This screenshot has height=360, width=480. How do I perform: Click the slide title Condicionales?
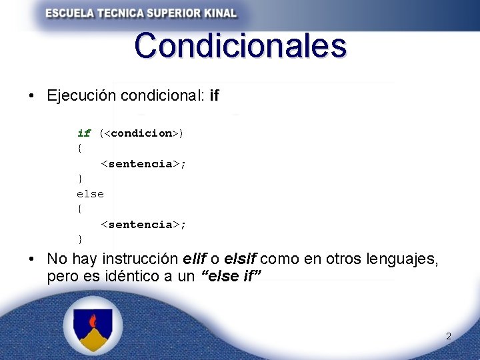point(240,46)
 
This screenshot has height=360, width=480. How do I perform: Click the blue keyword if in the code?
point(84,133)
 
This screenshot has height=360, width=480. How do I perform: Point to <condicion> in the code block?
point(141,133)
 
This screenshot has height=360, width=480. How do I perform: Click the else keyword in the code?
point(90,194)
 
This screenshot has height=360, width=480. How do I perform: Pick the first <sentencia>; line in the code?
point(143,164)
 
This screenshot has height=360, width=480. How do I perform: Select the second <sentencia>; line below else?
point(143,225)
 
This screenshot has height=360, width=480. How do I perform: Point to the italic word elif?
point(194,259)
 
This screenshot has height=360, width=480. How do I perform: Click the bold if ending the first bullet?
point(214,96)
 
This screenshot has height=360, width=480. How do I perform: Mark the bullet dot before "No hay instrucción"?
point(32,259)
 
